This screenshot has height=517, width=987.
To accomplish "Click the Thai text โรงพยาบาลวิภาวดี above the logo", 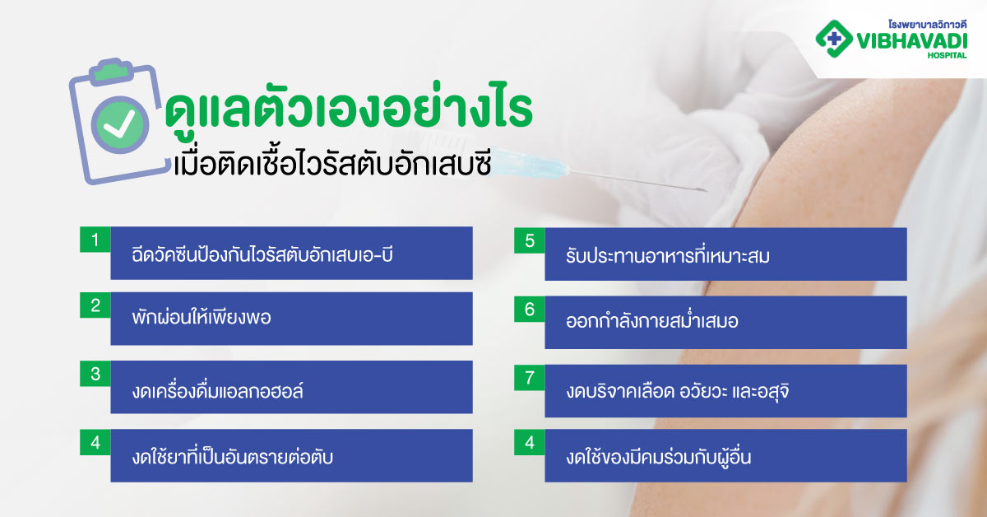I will (x=934, y=15).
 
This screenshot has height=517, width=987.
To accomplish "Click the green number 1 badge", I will (x=95, y=240).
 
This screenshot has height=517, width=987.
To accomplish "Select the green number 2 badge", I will (x=95, y=306).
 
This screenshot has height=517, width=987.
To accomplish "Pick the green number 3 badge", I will (x=95, y=374).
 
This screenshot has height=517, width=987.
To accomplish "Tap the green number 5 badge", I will (x=530, y=240).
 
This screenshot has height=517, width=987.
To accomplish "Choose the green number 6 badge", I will (x=530, y=310).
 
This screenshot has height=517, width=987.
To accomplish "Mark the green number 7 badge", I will (x=530, y=376).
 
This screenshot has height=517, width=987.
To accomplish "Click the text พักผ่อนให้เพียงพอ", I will (x=202, y=318).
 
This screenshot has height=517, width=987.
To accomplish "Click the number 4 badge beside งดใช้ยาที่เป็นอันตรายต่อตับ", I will (x=95, y=442).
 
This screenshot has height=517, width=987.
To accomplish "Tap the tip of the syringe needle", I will (x=706, y=191).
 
